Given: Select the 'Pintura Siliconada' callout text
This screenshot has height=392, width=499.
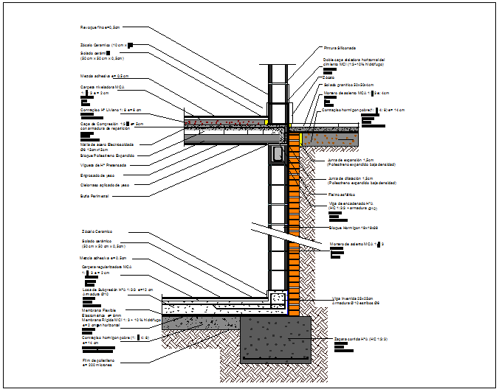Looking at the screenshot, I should (x=340, y=47).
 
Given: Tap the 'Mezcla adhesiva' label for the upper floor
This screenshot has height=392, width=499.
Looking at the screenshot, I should (x=104, y=75).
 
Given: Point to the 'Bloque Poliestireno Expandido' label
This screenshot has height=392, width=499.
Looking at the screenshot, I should (x=108, y=155).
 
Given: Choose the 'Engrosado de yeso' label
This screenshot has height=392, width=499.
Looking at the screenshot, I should (x=99, y=175).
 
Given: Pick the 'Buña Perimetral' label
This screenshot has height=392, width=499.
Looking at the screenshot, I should (x=94, y=196).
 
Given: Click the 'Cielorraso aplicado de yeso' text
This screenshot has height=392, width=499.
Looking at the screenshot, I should (x=105, y=185).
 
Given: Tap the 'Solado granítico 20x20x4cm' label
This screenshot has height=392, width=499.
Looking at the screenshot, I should (x=348, y=85).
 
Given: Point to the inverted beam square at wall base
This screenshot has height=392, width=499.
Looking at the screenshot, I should (x=278, y=299).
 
